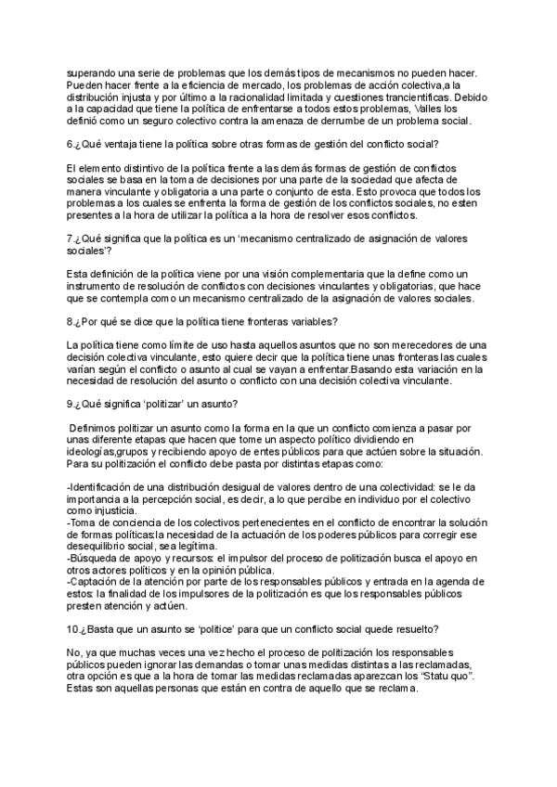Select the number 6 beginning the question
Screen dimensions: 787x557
coord(71,144)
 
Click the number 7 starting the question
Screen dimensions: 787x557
coord(71,239)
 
